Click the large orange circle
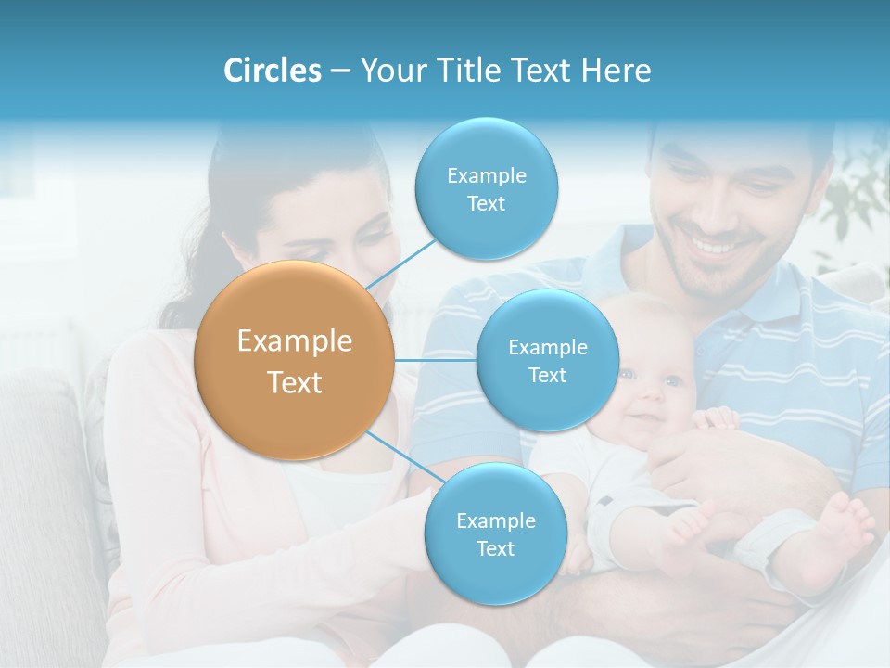294,360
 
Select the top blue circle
486,189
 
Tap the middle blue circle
547,361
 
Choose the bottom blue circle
495,534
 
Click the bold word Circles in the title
273,71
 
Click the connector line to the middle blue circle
436,360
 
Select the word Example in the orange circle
294,341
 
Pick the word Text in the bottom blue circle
495,548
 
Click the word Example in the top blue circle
486,175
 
